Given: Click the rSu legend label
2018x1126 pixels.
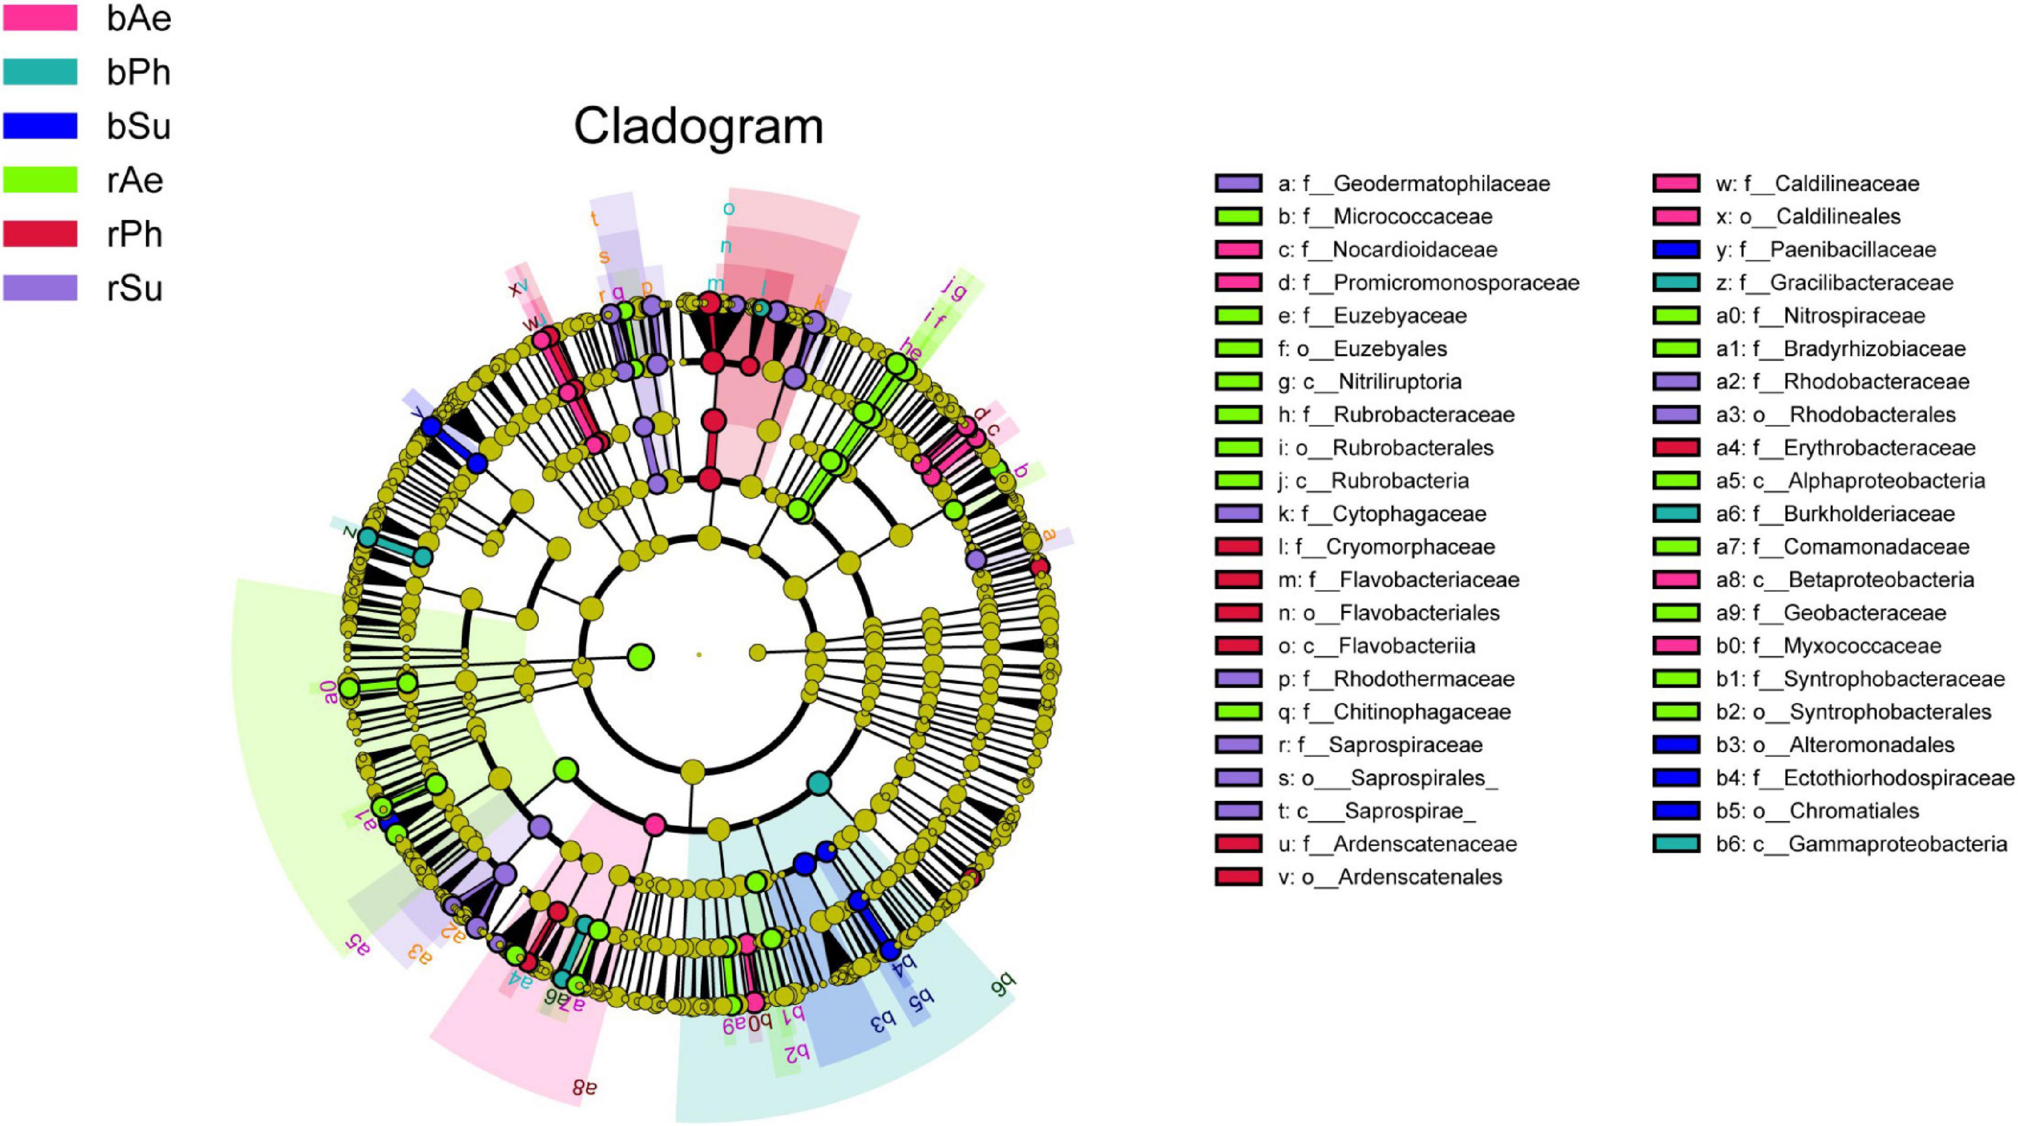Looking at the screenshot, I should pyautogui.click(x=135, y=288).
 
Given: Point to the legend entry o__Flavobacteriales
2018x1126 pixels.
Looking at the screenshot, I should pyautogui.click(x=1388, y=613).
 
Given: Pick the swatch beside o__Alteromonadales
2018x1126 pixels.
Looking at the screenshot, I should pyautogui.click(x=1676, y=744).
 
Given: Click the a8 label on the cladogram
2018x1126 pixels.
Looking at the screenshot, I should pyautogui.click(x=585, y=1087).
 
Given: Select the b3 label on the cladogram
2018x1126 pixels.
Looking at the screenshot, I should pyautogui.click(x=881, y=1021).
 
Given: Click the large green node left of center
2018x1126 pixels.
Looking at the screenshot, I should pyautogui.click(x=641, y=657).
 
